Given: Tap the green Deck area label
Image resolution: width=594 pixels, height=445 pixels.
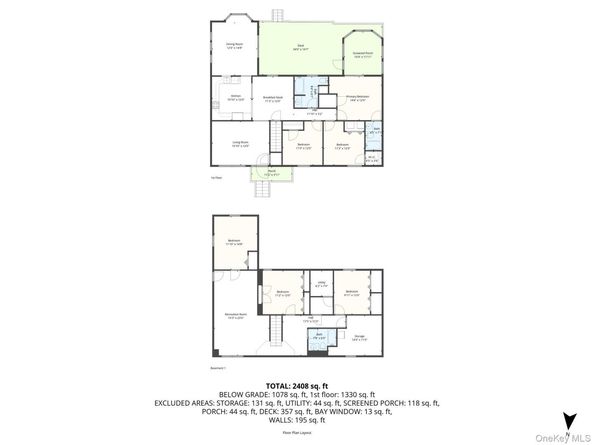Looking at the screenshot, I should point(299,47).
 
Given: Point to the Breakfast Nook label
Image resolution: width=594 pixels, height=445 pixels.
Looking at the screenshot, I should point(271,98).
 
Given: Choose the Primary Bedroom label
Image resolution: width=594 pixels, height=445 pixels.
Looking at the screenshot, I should point(358,98).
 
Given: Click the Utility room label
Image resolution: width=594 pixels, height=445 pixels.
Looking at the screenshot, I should point(322,285).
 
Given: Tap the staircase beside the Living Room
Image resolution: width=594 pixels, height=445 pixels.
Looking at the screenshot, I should point(272,135).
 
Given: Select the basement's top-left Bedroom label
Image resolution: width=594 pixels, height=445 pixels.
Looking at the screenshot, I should point(234,242).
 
